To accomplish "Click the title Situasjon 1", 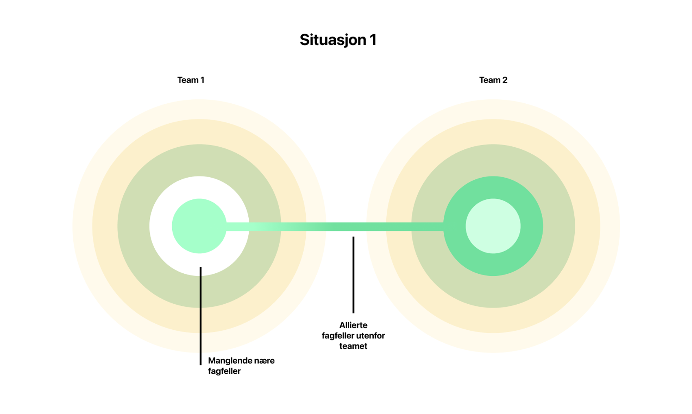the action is coord(338,40).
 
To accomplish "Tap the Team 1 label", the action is coord(191,80).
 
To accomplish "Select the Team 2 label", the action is coord(493,80).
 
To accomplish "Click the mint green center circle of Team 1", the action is coord(199,226).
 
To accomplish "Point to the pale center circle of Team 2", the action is coord(493,226).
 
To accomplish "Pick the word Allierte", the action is coord(353,325).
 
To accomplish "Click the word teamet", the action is coord(353,346).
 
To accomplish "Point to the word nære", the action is coord(263,361).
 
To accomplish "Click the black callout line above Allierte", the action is coord(353,275).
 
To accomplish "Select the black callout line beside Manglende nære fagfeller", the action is coord(201,316).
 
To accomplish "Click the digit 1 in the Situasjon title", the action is coord(373,40).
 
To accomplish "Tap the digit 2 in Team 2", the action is coord(504,80).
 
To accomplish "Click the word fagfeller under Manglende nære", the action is coord(224,371).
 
